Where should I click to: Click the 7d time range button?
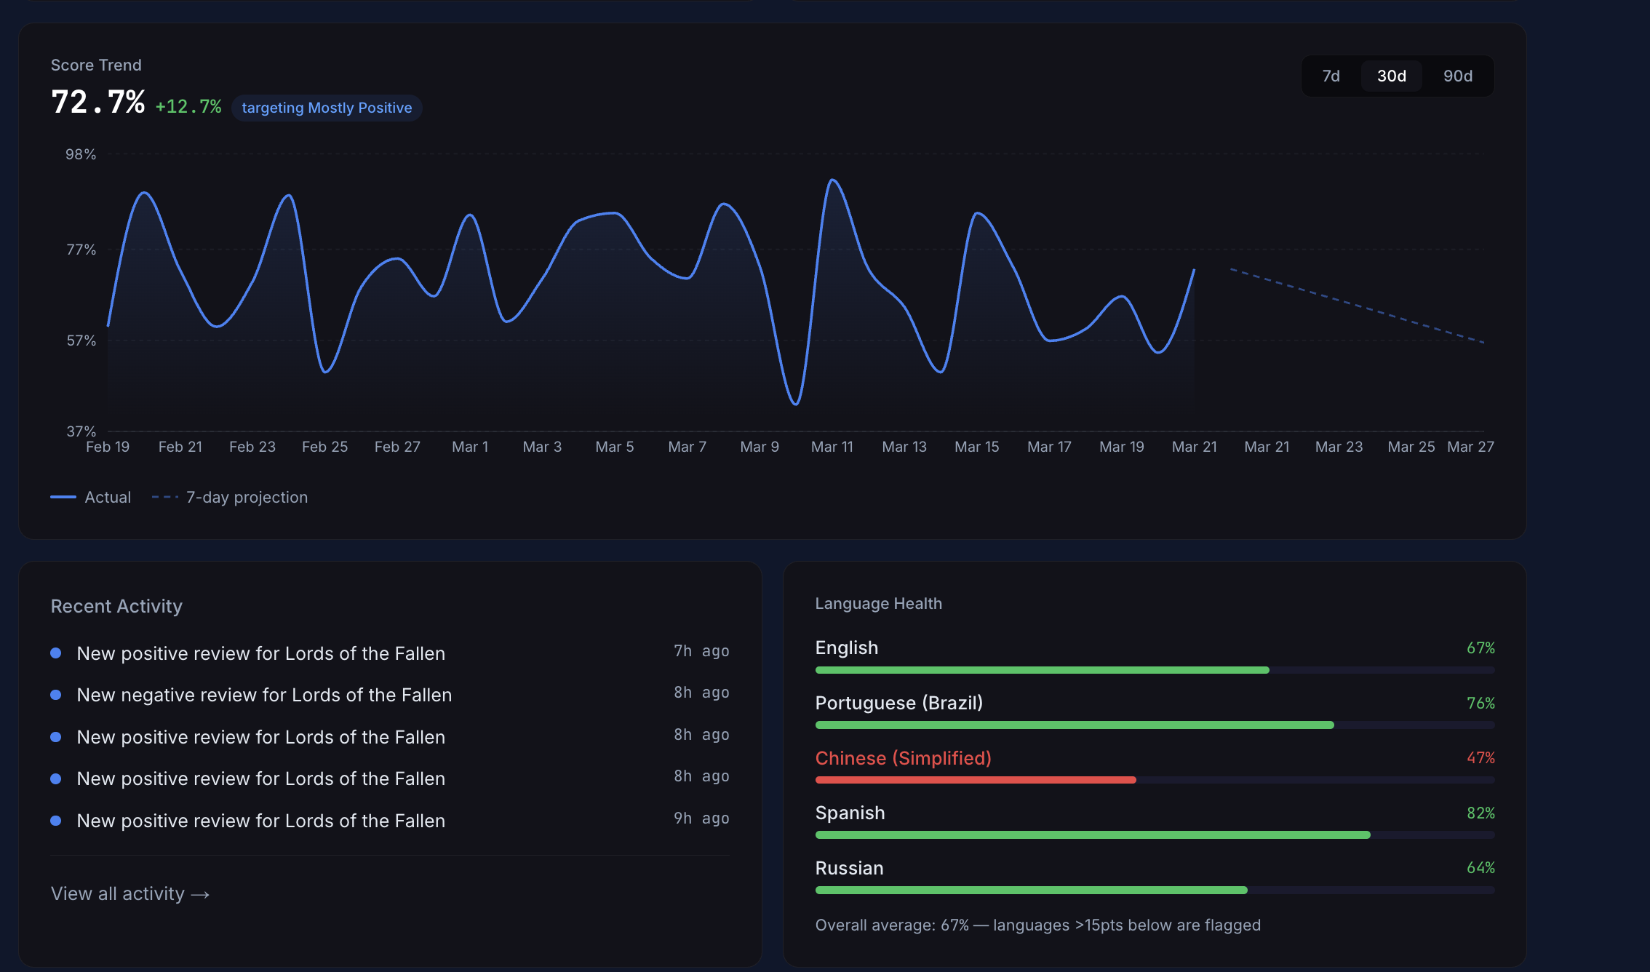click(1331, 76)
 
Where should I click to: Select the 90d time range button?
click(1457, 76)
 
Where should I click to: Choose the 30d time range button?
click(1391, 76)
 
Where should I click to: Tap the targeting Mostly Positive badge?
click(327, 108)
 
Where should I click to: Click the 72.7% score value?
click(98, 103)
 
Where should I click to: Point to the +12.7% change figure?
click(188, 107)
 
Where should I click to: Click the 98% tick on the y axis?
click(81, 154)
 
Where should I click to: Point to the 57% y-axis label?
click(81, 340)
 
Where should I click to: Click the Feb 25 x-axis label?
click(324, 447)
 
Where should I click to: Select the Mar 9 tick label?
click(759, 447)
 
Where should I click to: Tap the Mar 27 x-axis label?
click(1470, 447)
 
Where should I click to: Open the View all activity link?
click(130, 893)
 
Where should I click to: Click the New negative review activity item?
click(264, 695)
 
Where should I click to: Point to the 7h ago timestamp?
click(701, 651)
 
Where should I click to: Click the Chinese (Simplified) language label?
click(903, 758)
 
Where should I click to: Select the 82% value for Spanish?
click(1480, 813)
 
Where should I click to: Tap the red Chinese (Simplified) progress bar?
click(975, 780)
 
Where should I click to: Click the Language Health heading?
click(878, 604)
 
